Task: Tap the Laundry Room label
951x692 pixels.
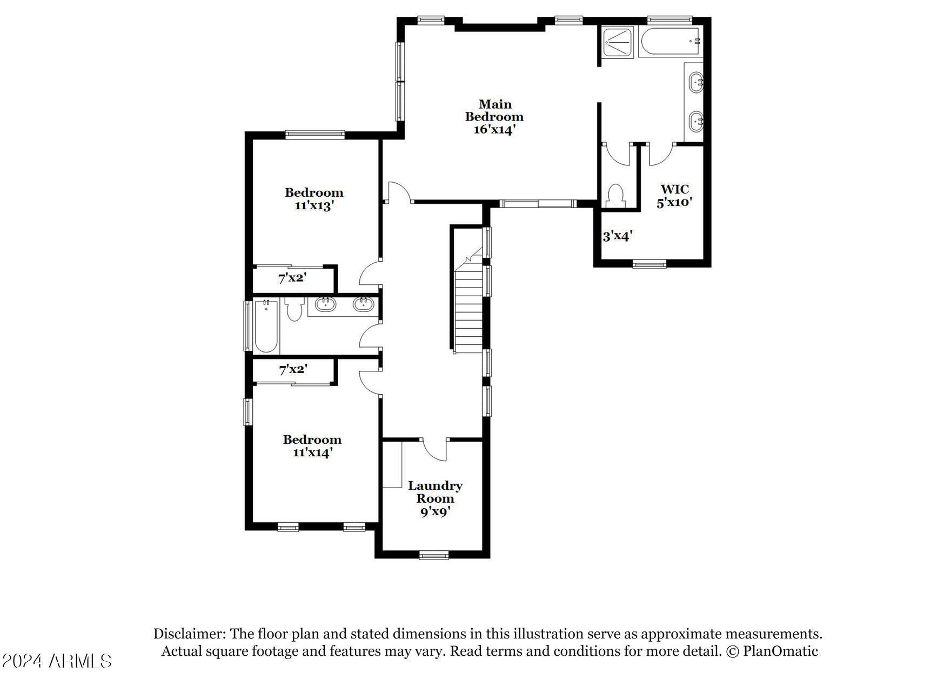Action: [435, 492]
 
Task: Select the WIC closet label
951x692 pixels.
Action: [675, 189]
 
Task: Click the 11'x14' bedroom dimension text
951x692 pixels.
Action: [312, 453]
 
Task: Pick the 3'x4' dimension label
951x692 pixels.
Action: [618, 236]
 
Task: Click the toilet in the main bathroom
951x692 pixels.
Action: [615, 196]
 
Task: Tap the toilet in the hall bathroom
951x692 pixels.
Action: [294, 309]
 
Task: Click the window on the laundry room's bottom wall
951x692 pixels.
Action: [434, 554]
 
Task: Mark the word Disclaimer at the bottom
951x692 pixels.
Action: [189, 634]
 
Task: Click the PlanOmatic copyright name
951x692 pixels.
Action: [780, 651]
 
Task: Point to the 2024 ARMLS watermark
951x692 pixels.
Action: [56, 661]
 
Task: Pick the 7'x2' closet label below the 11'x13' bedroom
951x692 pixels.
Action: [292, 278]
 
